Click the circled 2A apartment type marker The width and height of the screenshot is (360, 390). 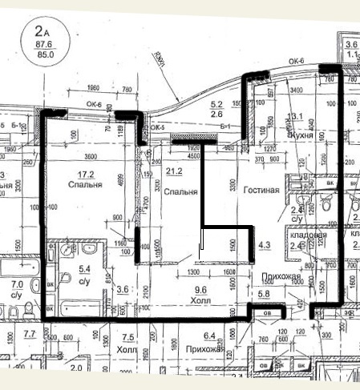(41, 31)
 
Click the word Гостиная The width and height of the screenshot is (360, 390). (262, 191)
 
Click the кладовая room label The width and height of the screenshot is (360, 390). (308, 235)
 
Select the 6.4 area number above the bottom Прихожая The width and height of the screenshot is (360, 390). (211, 336)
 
